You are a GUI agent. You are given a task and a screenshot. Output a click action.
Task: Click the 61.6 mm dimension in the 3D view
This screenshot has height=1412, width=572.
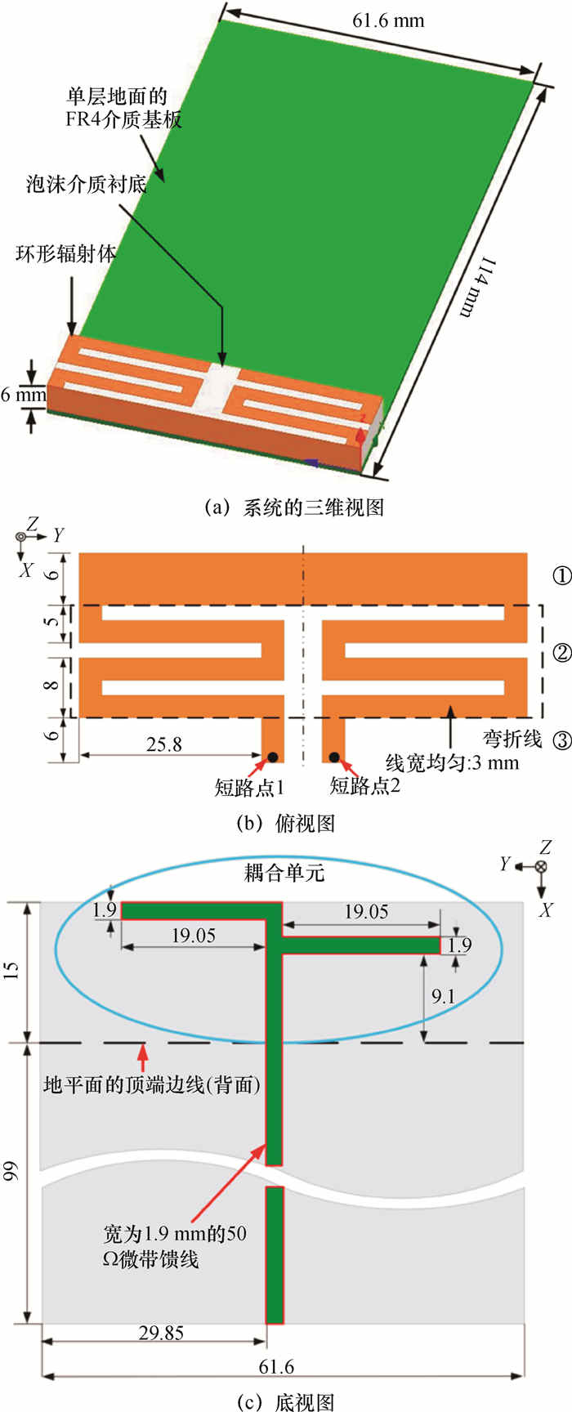pyautogui.click(x=388, y=20)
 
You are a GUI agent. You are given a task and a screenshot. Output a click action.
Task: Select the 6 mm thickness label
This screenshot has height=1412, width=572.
pyautogui.click(x=23, y=395)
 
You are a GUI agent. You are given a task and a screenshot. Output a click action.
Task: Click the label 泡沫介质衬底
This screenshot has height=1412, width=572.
pyautogui.click(x=86, y=184)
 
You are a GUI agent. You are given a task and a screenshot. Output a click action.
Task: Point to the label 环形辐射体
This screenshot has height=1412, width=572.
pyautogui.click(x=66, y=253)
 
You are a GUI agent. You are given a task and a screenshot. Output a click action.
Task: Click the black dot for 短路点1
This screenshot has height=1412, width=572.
pyautogui.click(x=272, y=756)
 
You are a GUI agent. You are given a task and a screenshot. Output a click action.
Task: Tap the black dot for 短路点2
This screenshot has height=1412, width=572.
pyautogui.click(x=333, y=756)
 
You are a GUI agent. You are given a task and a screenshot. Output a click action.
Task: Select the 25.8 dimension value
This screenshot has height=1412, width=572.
pyautogui.click(x=164, y=744)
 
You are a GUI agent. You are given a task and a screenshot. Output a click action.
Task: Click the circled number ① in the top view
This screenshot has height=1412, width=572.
pyautogui.click(x=561, y=576)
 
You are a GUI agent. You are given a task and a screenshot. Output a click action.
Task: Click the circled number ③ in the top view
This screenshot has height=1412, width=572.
pyautogui.click(x=561, y=740)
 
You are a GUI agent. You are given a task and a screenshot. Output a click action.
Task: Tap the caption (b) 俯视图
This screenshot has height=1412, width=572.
pyautogui.click(x=285, y=823)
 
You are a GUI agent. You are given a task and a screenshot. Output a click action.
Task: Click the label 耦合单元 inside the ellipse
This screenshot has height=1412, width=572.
pyautogui.click(x=285, y=873)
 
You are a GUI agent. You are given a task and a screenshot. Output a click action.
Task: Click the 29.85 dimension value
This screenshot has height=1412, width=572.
pyautogui.click(x=161, y=1333)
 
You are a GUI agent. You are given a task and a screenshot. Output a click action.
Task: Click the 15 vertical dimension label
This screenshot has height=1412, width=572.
pyautogui.click(x=12, y=971)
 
